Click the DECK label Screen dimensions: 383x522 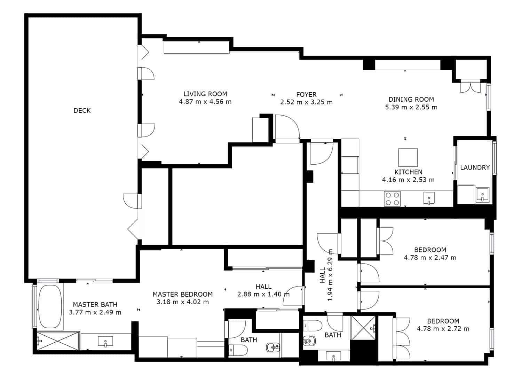click(82, 111)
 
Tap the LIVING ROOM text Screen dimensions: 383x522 click(205, 94)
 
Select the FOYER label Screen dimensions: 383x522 click(306, 95)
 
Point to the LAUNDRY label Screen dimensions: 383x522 click(475, 167)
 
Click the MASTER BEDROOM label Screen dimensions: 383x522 click(182, 294)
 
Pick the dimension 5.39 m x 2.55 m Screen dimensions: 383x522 click(411, 107)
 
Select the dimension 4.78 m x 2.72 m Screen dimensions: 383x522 click(443, 329)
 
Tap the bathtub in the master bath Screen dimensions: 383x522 click(50, 306)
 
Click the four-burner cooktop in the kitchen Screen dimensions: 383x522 click(392, 199)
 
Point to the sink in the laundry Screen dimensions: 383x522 click(482, 195)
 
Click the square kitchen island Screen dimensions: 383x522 click(408, 158)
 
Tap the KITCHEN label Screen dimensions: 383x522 click(408, 172)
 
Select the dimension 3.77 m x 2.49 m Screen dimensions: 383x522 click(95, 312)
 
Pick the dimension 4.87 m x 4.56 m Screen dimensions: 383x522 click(205, 102)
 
